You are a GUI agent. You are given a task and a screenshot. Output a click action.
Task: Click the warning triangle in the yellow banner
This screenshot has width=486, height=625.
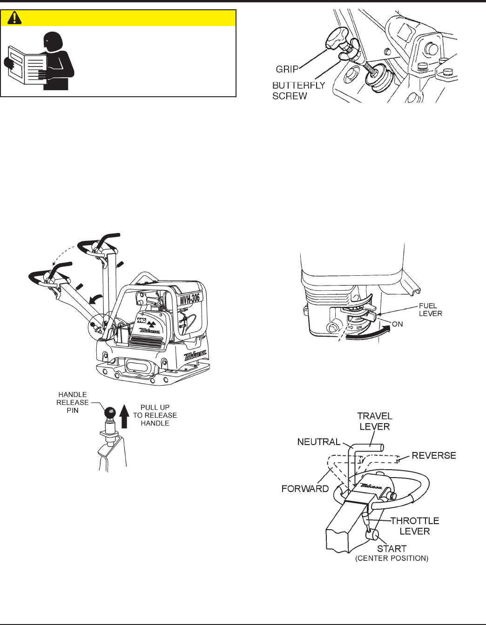click(15, 18)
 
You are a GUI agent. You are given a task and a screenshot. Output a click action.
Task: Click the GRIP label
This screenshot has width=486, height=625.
click(287, 69)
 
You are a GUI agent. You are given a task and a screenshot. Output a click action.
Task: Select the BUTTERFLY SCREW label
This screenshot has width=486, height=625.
click(298, 91)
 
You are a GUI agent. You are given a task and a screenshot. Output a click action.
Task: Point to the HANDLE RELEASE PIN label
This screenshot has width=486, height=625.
click(73, 402)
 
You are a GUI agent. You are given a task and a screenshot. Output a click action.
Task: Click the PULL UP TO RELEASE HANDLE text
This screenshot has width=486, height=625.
click(155, 415)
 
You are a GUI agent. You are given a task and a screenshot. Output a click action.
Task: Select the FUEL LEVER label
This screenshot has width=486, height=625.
click(430, 309)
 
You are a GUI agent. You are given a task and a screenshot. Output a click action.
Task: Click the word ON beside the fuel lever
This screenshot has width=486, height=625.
click(397, 324)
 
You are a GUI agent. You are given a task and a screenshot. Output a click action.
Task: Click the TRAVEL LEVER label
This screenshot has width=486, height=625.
click(374, 421)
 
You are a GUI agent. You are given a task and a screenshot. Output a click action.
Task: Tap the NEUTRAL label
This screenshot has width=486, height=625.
click(318, 442)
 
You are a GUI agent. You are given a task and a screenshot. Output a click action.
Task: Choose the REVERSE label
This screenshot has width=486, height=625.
click(433, 455)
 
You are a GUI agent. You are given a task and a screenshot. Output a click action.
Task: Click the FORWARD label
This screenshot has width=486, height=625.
click(305, 488)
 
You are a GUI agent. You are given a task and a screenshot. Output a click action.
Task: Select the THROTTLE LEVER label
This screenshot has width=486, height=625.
click(414, 526)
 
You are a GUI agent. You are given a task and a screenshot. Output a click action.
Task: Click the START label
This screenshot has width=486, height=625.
click(391, 549)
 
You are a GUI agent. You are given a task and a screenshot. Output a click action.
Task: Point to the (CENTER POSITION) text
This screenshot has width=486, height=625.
click(391, 558)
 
